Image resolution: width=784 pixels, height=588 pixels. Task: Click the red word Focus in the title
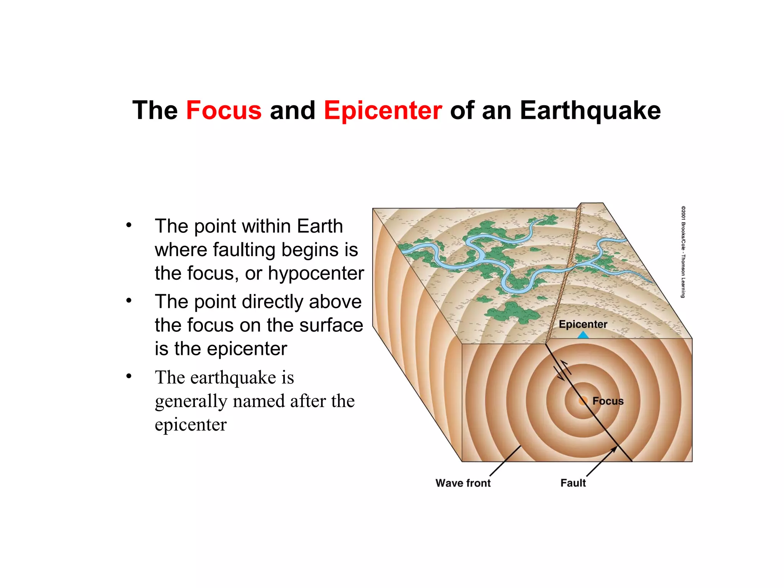(224, 111)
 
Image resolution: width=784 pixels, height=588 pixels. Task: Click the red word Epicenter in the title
(383, 111)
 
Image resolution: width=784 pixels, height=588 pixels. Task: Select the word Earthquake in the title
(590, 111)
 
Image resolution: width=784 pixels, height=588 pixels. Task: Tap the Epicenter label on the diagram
(583, 324)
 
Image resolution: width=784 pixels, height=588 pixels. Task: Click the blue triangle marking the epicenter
(583, 335)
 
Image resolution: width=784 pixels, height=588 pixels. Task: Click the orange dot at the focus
(583, 401)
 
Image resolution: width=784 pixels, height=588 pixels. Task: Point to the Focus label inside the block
(608, 401)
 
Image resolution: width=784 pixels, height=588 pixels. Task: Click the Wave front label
(463, 483)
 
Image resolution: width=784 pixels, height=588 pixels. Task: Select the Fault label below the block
(573, 483)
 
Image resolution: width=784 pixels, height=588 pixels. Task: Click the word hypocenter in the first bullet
(316, 273)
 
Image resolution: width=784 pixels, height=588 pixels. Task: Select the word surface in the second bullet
(331, 325)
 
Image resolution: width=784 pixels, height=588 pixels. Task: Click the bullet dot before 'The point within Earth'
(129, 225)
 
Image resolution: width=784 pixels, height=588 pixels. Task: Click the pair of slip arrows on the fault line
(562, 370)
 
